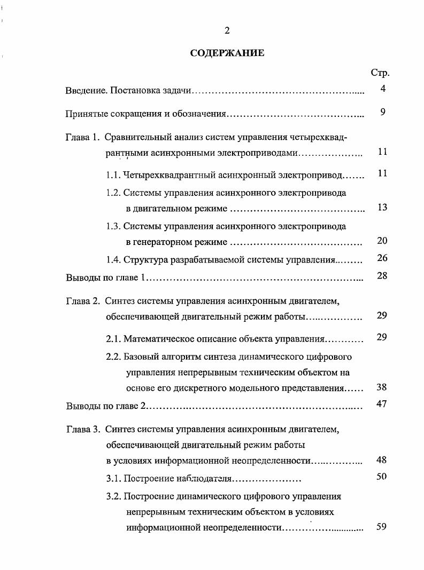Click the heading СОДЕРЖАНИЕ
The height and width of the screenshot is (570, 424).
(227, 53)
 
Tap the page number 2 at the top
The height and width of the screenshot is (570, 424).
(227, 31)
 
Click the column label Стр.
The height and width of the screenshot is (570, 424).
(380, 73)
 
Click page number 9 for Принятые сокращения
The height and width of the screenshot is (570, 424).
(383, 113)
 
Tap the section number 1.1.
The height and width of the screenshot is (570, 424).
(113, 174)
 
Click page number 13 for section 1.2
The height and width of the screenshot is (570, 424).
(382, 207)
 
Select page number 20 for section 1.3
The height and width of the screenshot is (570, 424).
(382, 241)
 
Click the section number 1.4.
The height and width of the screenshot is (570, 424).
(113, 260)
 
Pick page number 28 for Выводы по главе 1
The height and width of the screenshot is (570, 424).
(382, 276)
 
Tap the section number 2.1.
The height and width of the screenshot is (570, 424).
(113, 339)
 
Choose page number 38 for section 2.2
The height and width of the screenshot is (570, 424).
(382, 387)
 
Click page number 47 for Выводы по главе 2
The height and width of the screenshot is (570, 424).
(382, 404)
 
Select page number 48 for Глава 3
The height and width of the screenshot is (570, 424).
(382, 460)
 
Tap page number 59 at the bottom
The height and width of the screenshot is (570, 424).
(382, 527)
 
